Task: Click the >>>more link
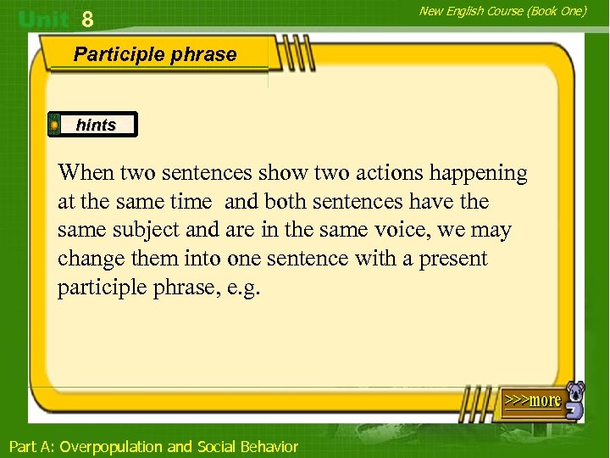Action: point(532,400)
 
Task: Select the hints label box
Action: point(92,125)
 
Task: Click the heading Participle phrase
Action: point(155,54)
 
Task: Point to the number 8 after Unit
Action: point(87,19)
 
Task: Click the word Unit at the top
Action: point(45,19)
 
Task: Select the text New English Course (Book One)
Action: point(502,11)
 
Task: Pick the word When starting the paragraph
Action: point(86,173)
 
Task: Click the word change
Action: point(87,260)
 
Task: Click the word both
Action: point(284,202)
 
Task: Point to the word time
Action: point(192,202)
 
